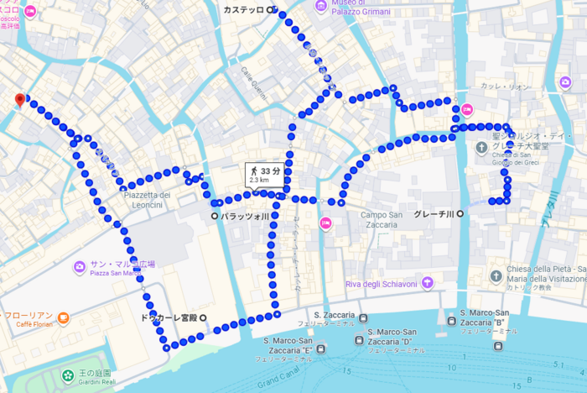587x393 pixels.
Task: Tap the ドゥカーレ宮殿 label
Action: [171, 317]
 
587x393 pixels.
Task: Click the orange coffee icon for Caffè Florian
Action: [64, 318]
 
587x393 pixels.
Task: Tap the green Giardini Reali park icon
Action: [67, 374]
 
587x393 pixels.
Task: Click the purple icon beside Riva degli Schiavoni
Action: [428, 284]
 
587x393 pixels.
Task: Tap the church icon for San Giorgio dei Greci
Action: [482, 149]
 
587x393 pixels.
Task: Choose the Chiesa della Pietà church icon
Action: [496, 276]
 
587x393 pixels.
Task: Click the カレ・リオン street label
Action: [506, 87]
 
